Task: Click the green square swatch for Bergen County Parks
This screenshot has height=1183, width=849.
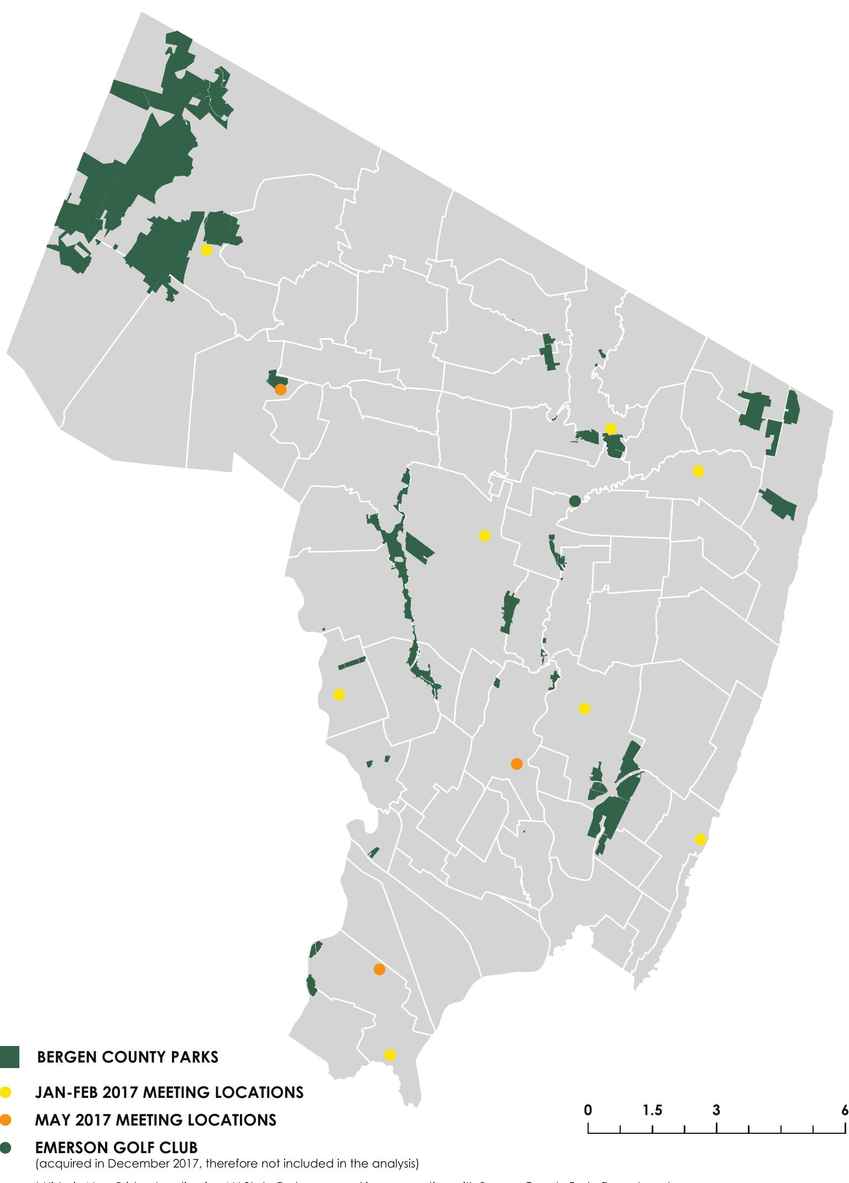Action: (x=9, y=1056)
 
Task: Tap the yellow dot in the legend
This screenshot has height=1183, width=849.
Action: (x=6, y=1092)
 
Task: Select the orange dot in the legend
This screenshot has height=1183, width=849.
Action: (x=6, y=1120)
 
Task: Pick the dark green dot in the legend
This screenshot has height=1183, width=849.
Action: (x=6, y=1148)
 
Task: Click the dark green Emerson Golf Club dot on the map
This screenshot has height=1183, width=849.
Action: (x=575, y=501)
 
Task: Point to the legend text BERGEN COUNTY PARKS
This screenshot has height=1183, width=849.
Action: (x=127, y=1057)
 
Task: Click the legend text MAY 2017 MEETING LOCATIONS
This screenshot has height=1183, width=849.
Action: (x=155, y=1120)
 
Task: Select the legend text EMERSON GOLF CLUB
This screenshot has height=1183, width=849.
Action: (x=116, y=1148)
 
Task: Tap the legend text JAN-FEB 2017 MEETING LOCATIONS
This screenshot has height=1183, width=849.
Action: (x=169, y=1092)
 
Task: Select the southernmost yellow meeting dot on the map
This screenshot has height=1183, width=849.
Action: (x=390, y=1055)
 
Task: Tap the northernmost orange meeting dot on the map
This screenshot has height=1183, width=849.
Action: (x=280, y=390)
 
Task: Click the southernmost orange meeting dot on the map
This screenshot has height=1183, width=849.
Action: (x=379, y=969)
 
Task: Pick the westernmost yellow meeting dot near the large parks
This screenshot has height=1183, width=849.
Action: (x=206, y=250)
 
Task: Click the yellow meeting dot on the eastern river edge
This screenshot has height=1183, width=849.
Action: (x=700, y=839)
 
